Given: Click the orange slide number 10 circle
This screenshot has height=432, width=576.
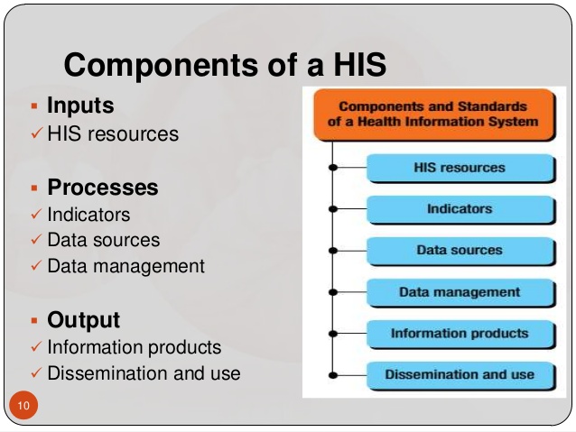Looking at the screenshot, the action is click(x=23, y=405).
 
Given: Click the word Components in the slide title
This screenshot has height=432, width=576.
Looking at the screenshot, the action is click(x=162, y=65).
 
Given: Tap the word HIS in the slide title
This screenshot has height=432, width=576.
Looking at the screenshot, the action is click(x=359, y=64).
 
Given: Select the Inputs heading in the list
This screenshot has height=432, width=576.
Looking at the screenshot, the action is click(x=80, y=106).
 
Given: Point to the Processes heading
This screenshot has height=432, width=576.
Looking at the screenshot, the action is click(x=103, y=187).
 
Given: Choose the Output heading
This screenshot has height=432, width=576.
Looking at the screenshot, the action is click(x=83, y=319).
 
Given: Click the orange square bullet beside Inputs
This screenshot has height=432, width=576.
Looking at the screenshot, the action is click(x=34, y=106).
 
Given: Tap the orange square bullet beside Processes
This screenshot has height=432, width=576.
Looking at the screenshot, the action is click(x=34, y=188).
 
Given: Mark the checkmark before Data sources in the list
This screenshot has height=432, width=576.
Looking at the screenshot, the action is click(x=37, y=239).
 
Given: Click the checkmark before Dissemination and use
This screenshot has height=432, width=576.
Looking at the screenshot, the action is click(x=37, y=372).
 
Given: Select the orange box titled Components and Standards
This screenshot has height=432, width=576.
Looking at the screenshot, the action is click(x=434, y=115).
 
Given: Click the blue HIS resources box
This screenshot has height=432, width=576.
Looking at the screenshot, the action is click(x=461, y=168).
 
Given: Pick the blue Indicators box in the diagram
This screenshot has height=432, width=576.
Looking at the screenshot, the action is click(x=461, y=209).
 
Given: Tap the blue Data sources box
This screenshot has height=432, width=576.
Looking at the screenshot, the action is click(x=461, y=251).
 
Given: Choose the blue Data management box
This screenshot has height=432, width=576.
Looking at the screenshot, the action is click(x=461, y=293).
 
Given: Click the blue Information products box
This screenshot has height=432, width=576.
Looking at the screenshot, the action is click(x=461, y=335).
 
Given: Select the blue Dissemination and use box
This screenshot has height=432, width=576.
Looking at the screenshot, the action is click(x=461, y=376).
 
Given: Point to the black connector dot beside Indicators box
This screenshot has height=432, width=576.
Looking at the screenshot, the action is click(x=333, y=209).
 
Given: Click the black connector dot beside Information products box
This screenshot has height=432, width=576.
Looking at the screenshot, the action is click(x=333, y=334).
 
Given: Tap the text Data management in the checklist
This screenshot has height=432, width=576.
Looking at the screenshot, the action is click(x=126, y=266).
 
